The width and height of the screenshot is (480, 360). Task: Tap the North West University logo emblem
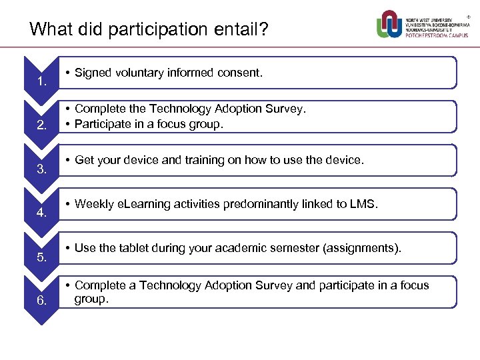pyautogui.click(x=390, y=24)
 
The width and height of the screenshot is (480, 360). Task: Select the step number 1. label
pyautogui.click(x=41, y=82)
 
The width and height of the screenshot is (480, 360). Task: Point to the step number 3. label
pyautogui.click(x=41, y=169)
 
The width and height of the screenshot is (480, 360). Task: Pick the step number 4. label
pyautogui.click(x=41, y=213)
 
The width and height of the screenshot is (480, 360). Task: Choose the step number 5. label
pyautogui.click(x=41, y=257)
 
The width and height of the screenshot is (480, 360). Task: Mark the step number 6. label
pyautogui.click(x=41, y=301)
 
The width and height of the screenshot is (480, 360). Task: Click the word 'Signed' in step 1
pyautogui.click(x=94, y=73)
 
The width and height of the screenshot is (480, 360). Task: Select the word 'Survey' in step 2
pyautogui.click(x=283, y=109)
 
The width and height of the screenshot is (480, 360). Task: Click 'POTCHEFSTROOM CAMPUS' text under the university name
pyautogui.click(x=437, y=35)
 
